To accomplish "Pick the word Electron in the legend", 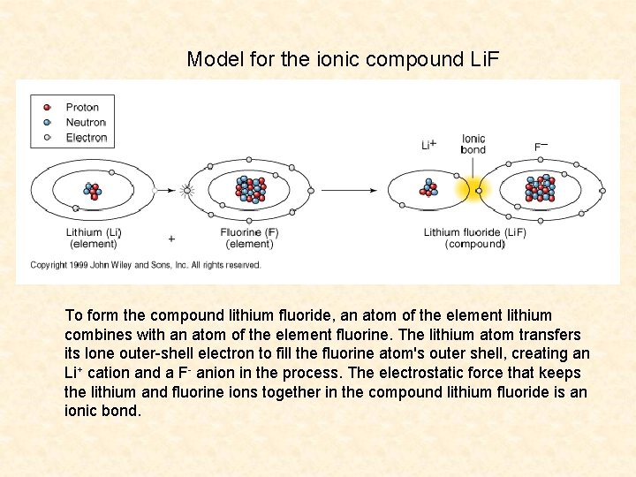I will [x=87, y=138].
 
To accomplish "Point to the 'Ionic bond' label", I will [x=473, y=144].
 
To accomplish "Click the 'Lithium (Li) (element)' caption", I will [x=93, y=238].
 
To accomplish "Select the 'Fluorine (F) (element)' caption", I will [x=249, y=238].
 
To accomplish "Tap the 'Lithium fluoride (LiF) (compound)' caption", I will [x=474, y=238].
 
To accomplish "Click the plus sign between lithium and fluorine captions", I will [x=171, y=238].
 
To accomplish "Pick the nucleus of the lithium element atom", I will [x=92, y=189].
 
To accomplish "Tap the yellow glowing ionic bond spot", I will [x=478, y=189].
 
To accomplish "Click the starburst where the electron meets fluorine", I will [x=186, y=189].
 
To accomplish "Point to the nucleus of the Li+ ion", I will [x=429, y=189].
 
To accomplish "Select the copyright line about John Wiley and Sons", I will [x=146, y=265].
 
